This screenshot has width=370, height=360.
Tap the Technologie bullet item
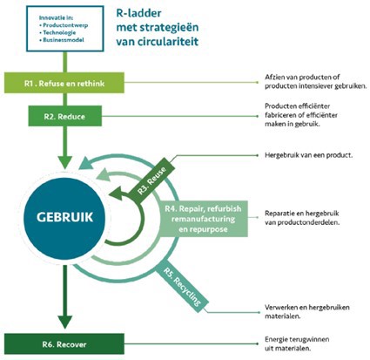coord(48,33)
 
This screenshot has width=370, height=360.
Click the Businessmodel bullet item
coord(50,41)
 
